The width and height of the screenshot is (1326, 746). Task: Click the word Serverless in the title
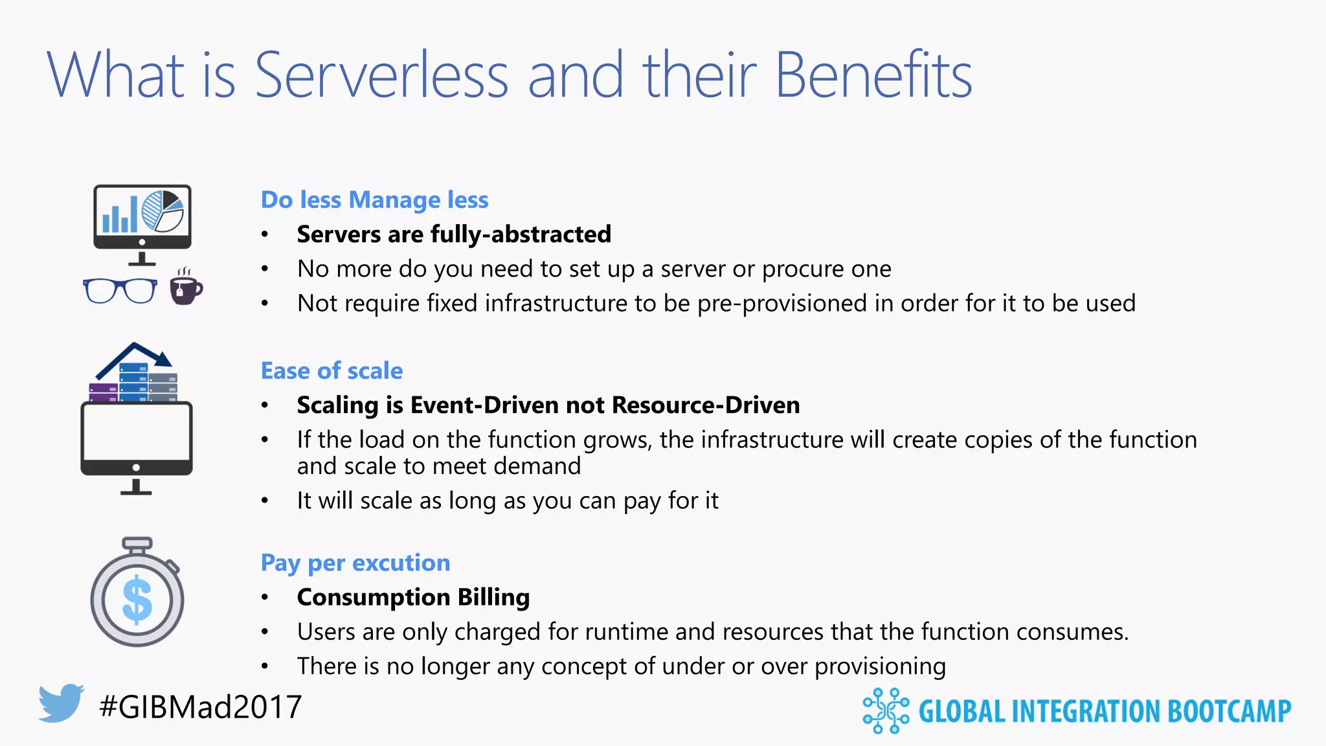click(x=381, y=75)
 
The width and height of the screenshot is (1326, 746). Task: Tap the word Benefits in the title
click(x=873, y=75)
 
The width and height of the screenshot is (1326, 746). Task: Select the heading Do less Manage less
click(x=374, y=200)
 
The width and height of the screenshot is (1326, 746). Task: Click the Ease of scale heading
click(x=331, y=371)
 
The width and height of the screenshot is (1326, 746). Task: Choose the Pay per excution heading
click(x=355, y=563)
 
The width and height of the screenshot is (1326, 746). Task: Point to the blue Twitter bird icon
click(x=61, y=703)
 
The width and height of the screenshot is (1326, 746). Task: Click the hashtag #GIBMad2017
click(x=201, y=706)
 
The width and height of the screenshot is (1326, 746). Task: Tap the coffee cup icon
click(x=185, y=288)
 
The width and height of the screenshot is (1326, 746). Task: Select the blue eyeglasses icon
click(x=120, y=291)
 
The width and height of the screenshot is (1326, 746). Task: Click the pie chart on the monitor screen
click(x=163, y=211)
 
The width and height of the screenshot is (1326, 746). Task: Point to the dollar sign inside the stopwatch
click(x=137, y=600)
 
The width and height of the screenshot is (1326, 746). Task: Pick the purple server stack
click(x=103, y=392)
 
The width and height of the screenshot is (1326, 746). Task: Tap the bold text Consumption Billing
click(x=413, y=597)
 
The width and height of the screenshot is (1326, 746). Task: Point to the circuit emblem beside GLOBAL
click(x=885, y=711)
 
